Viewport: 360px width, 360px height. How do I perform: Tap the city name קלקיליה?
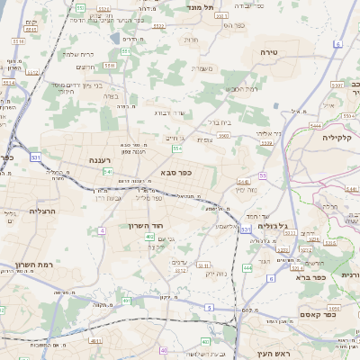tap(341, 138)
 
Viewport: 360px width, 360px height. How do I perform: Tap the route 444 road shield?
tap(247, 267)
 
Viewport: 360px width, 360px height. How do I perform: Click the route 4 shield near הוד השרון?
tap(102, 231)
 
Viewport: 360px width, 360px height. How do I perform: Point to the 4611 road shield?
tap(96, 341)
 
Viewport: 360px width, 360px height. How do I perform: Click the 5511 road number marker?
tap(109, 65)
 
